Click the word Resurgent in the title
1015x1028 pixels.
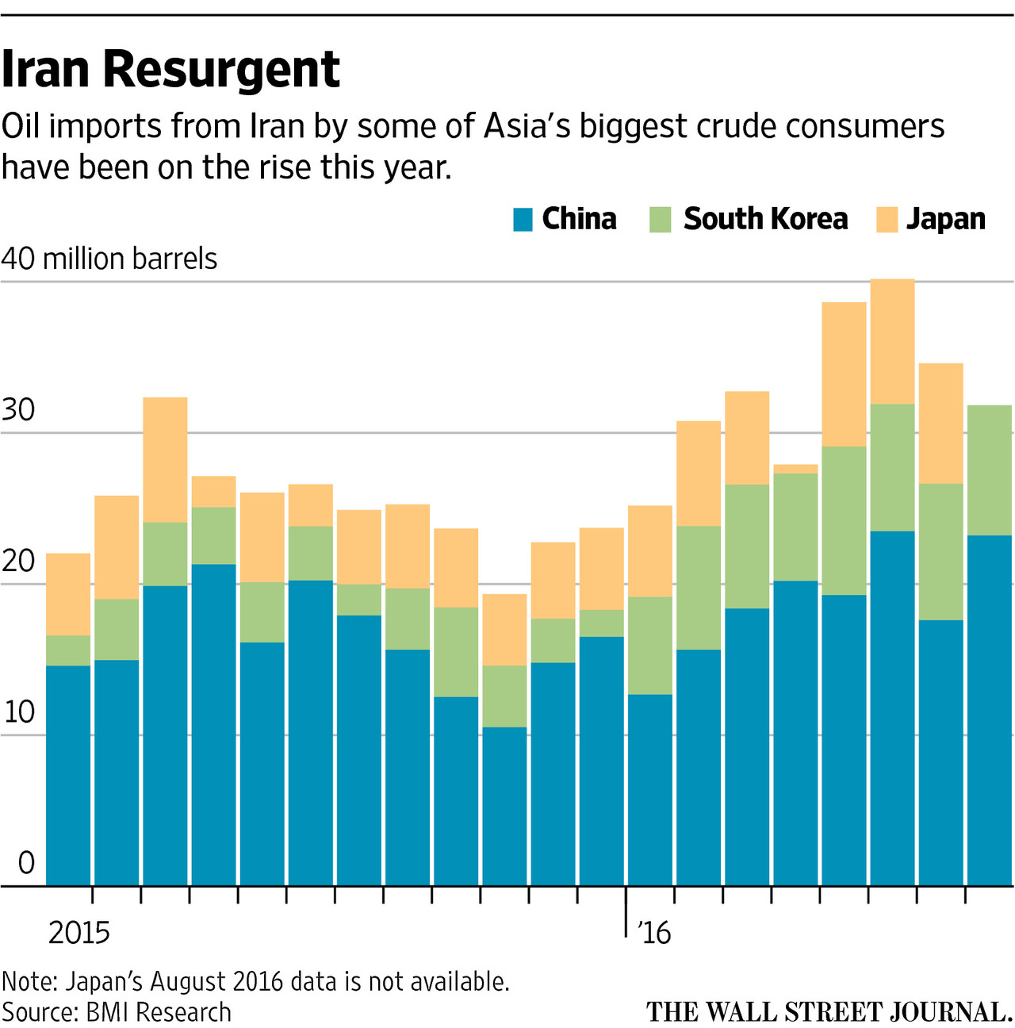pos(221,70)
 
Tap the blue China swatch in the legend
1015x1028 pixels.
pos(523,220)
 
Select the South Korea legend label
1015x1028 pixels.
pos(765,219)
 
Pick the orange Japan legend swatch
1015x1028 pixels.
pos(887,220)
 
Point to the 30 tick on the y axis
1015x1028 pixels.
pos(19,410)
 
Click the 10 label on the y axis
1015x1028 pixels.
pos(19,712)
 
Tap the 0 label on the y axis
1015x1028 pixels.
pos(26,863)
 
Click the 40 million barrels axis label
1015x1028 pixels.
pos(109,259)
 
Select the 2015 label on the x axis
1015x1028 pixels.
pos(79,933)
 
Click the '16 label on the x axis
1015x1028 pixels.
pos(653,933)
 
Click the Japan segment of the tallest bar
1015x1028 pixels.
pos(892,342)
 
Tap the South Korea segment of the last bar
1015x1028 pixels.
pos(989,470)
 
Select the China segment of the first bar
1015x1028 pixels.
pos(68,775)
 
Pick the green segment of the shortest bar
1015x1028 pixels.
pos(504,696)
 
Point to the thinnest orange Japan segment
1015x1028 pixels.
pos(795,469)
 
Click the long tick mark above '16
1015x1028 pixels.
pos(626,912)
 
